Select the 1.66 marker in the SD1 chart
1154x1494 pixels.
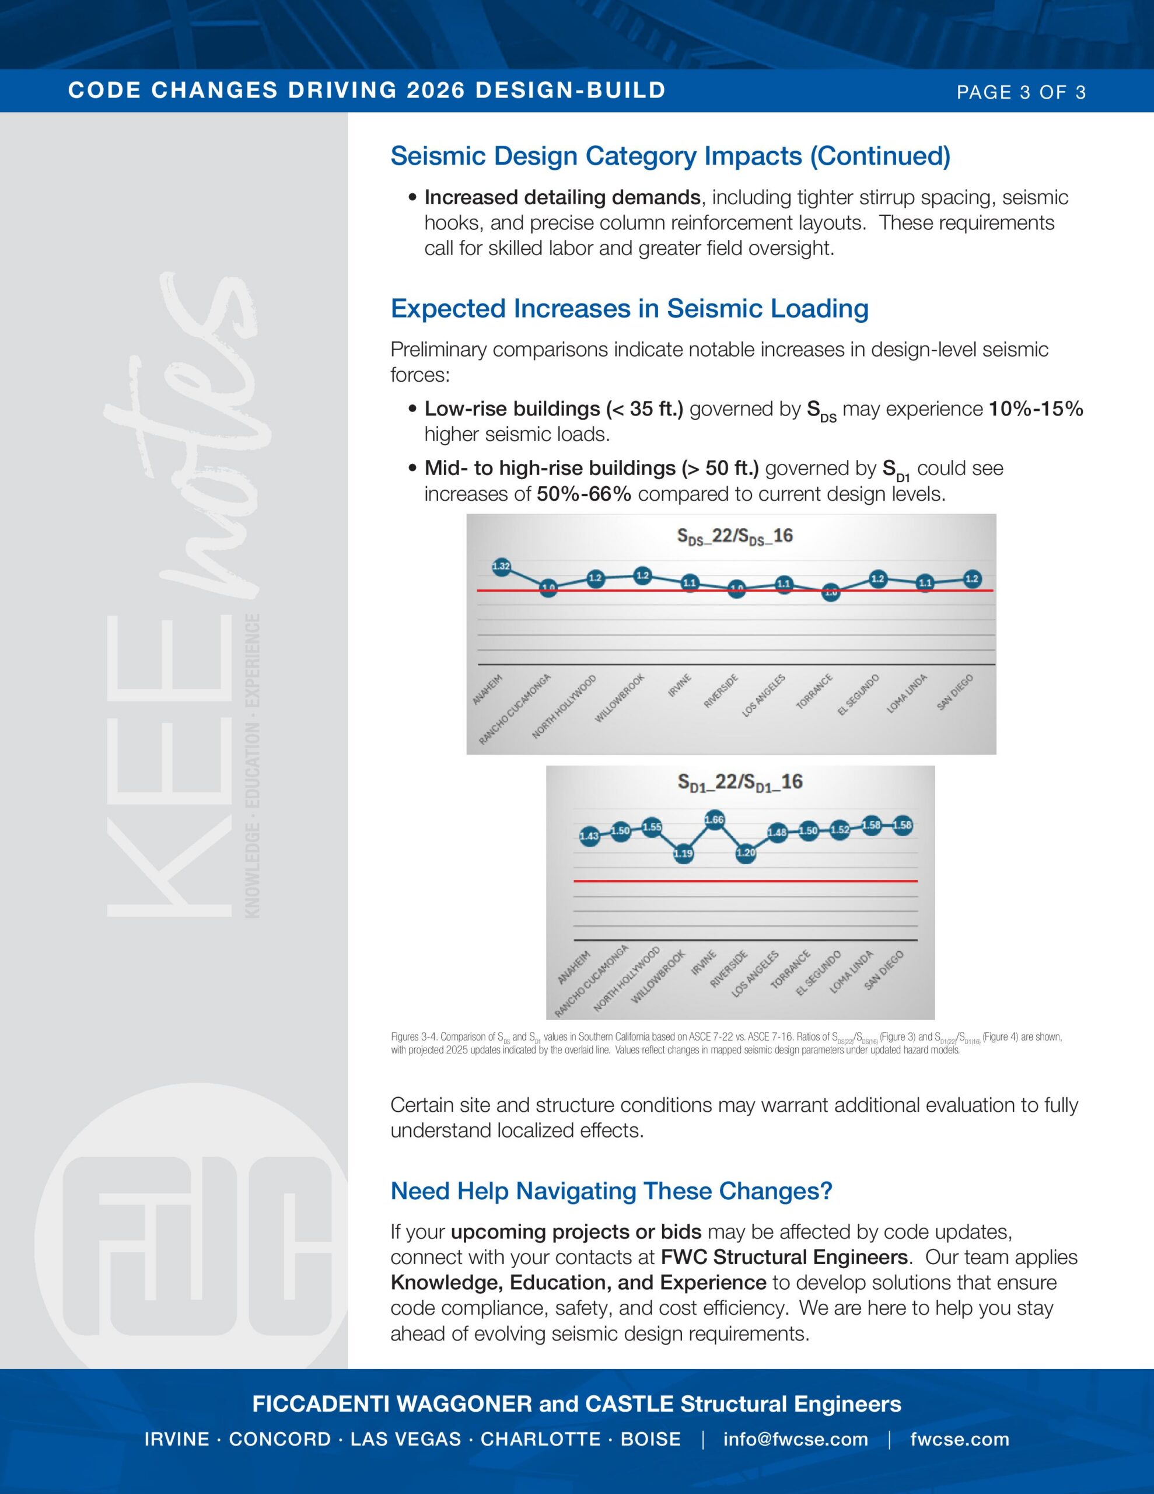pyautogui.click(x=714, y=819)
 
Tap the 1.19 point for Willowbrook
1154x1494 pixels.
pyautogui.click(x=683, y=853)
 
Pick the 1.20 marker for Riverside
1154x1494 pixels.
pyautogui.click(x=746, y=853)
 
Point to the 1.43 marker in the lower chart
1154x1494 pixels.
pyautogui.click(x=589, y=836)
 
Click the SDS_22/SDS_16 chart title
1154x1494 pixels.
pyautogui.click(x=735, y=536)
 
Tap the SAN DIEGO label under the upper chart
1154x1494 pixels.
pyautogui.click(x=955, y=692)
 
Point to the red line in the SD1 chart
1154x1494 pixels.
pyautogui.click(x=746, y=881)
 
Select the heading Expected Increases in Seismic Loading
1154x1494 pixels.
pyautogui.click(x=630, y=309)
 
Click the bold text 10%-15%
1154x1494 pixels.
pyautogui.click(x=1036, y=409)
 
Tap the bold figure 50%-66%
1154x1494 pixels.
pyautogui.click(x=583, y=494)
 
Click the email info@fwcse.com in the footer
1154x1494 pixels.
pyautogui.click(x=796, y=1439)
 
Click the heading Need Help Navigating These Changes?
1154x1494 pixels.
pyautogui.click(x=611, y=1191)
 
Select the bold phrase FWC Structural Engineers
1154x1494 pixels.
pyautogui.click(x=784, y=1257)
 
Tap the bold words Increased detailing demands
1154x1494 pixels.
pyautogui.click(x=562, y=198)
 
